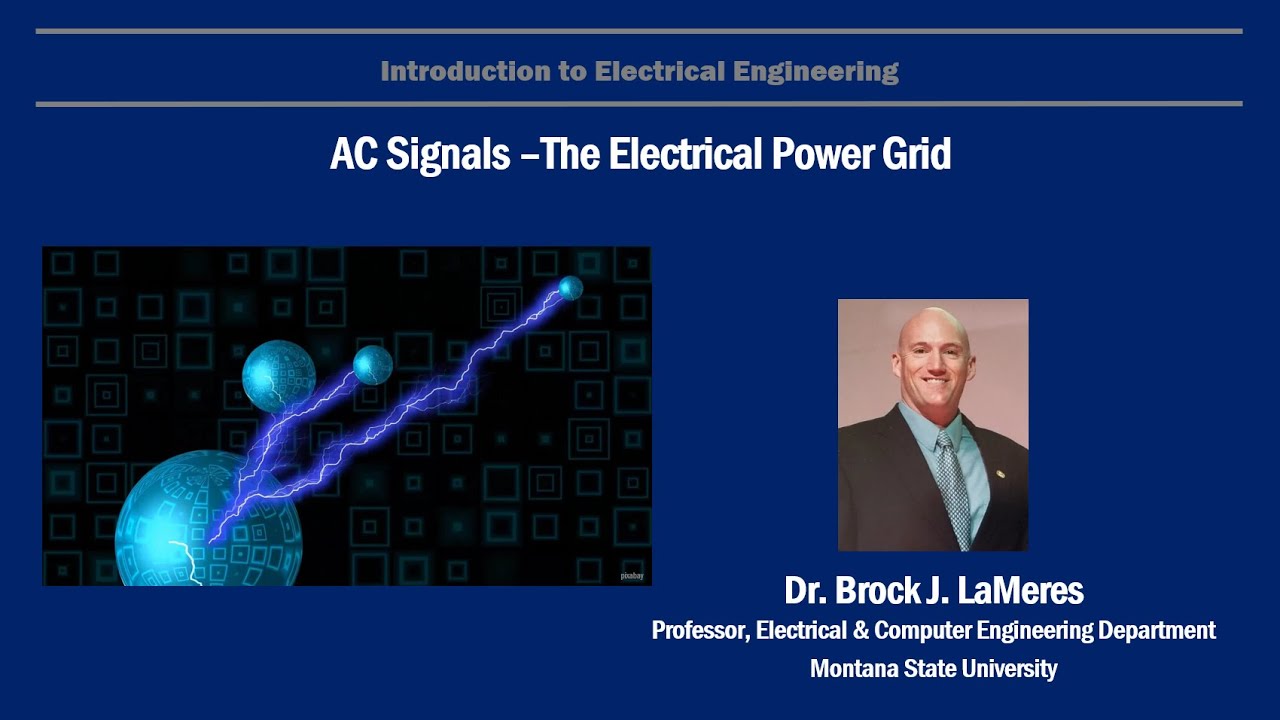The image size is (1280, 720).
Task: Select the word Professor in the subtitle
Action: pos(699,631)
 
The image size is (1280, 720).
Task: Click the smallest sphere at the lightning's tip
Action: pos(570,288)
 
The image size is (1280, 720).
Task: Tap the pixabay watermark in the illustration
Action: pos(631,576)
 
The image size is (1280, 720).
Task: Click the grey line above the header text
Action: pos(639,32)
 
